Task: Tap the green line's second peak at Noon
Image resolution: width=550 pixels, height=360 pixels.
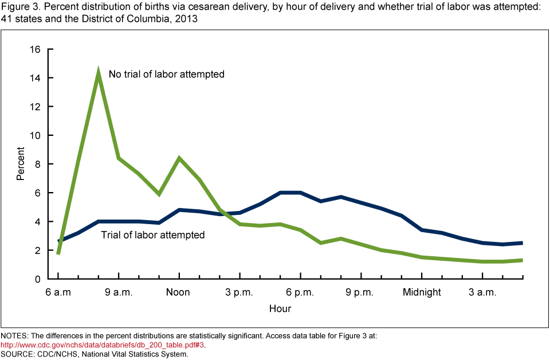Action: [179, 158]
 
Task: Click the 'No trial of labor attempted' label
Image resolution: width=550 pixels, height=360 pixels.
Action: [166, 74]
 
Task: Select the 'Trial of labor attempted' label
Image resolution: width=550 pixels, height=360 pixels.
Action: [152, 234]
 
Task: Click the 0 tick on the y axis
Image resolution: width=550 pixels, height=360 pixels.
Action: [37, 279]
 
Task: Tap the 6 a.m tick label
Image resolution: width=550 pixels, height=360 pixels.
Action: [58, 292]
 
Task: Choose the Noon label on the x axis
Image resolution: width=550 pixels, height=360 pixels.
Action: [178, 292]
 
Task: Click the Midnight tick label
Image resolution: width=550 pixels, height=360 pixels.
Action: [422, 292]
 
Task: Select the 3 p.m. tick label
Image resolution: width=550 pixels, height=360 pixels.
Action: [239, 292]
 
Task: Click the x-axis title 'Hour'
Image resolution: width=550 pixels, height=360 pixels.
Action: [280, 309]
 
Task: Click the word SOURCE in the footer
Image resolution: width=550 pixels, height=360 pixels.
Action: [18, 354]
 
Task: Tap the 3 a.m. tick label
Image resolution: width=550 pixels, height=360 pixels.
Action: [482, 292]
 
